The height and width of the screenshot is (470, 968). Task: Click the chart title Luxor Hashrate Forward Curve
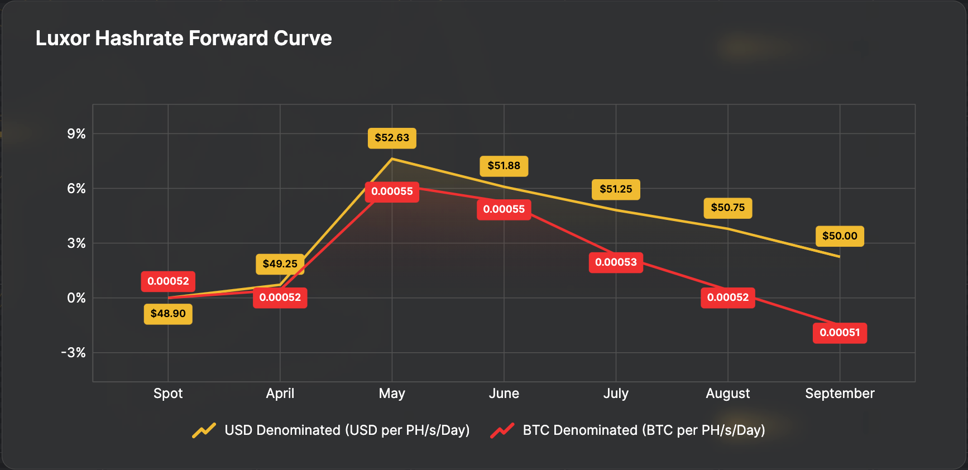tap(184, 39)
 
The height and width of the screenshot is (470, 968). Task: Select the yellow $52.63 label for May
tap(392, 138)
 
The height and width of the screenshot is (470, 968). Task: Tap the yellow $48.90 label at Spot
tap(168, 314)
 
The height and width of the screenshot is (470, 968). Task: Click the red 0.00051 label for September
tap(840, 333)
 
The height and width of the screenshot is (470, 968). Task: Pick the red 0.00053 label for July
tap(616, 262)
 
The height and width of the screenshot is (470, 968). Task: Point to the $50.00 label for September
tap(840, 236)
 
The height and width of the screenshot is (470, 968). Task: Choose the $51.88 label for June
tap(504, 166)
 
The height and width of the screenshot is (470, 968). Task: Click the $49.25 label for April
tap(280, 264)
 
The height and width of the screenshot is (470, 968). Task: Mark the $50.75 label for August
tap(727, 208)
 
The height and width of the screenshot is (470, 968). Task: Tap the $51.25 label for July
tap(616, 189)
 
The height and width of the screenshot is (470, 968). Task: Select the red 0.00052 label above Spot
tap(168, 281)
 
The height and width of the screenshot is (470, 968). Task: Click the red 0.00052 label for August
tap(727, 298)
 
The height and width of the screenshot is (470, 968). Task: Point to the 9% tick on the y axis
tap(76, 134)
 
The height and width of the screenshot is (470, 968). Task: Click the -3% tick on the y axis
tap(73, 353)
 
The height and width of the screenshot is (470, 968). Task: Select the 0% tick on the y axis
tap(76, 298)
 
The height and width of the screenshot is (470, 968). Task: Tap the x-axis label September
tap(840, 394)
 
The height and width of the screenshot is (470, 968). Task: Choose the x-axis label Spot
tap(168, 394)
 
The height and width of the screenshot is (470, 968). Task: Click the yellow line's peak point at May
tap(392, 159)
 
